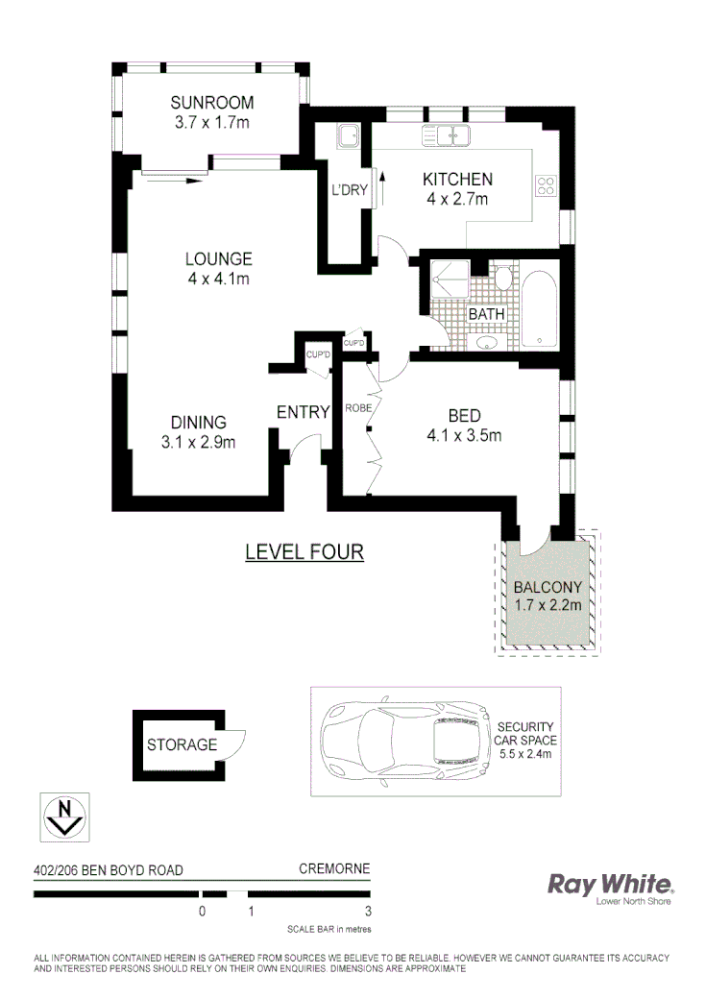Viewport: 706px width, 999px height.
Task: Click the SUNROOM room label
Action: pos(211,104)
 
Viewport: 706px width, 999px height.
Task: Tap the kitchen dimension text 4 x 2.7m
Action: pos(458,200)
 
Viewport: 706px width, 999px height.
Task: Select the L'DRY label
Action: pos(350,190)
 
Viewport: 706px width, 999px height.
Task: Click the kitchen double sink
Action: pos(446,136)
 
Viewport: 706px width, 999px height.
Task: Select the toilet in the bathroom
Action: pos(502,278)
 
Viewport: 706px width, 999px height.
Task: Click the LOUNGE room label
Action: pos(219,258)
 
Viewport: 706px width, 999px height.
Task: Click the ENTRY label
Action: pos(304,412)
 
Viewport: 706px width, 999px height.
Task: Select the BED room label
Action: pos(464,415)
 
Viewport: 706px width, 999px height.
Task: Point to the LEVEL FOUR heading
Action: pos(304,552)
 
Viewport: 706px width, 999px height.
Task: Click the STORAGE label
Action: pos(182,744)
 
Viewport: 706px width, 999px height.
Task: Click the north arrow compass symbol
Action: pos(65,816)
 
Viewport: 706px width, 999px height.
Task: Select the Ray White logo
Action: pos(610,885)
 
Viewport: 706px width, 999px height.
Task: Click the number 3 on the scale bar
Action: pos(368,911)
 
